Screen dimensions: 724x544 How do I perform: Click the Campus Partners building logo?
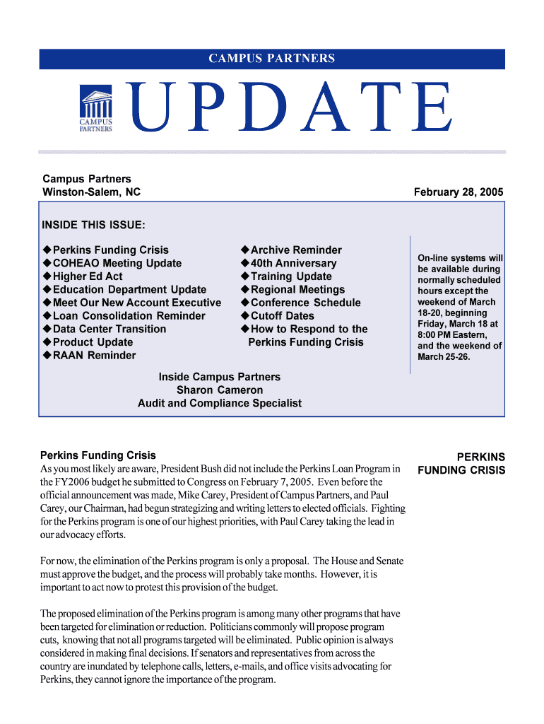[95, 109]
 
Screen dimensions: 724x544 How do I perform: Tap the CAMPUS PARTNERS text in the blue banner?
[272, 59]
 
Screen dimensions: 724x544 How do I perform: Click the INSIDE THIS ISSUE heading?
[94, 225]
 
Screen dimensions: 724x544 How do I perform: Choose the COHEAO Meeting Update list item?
[117, 263]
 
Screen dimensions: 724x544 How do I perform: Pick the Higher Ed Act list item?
[88, 276]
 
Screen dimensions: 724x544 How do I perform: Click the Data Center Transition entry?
[110, 329]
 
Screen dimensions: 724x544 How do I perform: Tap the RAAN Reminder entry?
[94, 355]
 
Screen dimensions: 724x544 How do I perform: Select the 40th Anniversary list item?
[293, 263]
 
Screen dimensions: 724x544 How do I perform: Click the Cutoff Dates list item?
[282, 315]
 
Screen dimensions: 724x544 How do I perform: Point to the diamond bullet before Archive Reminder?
[244, 250]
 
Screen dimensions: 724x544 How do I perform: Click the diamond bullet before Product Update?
[47, 342]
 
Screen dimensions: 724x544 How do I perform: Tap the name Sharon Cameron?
[220, 390]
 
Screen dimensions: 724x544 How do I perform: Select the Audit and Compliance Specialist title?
[220, 403]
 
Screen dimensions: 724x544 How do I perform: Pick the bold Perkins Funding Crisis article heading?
[98, 455]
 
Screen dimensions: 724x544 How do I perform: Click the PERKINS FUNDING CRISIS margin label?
[461, 464]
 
